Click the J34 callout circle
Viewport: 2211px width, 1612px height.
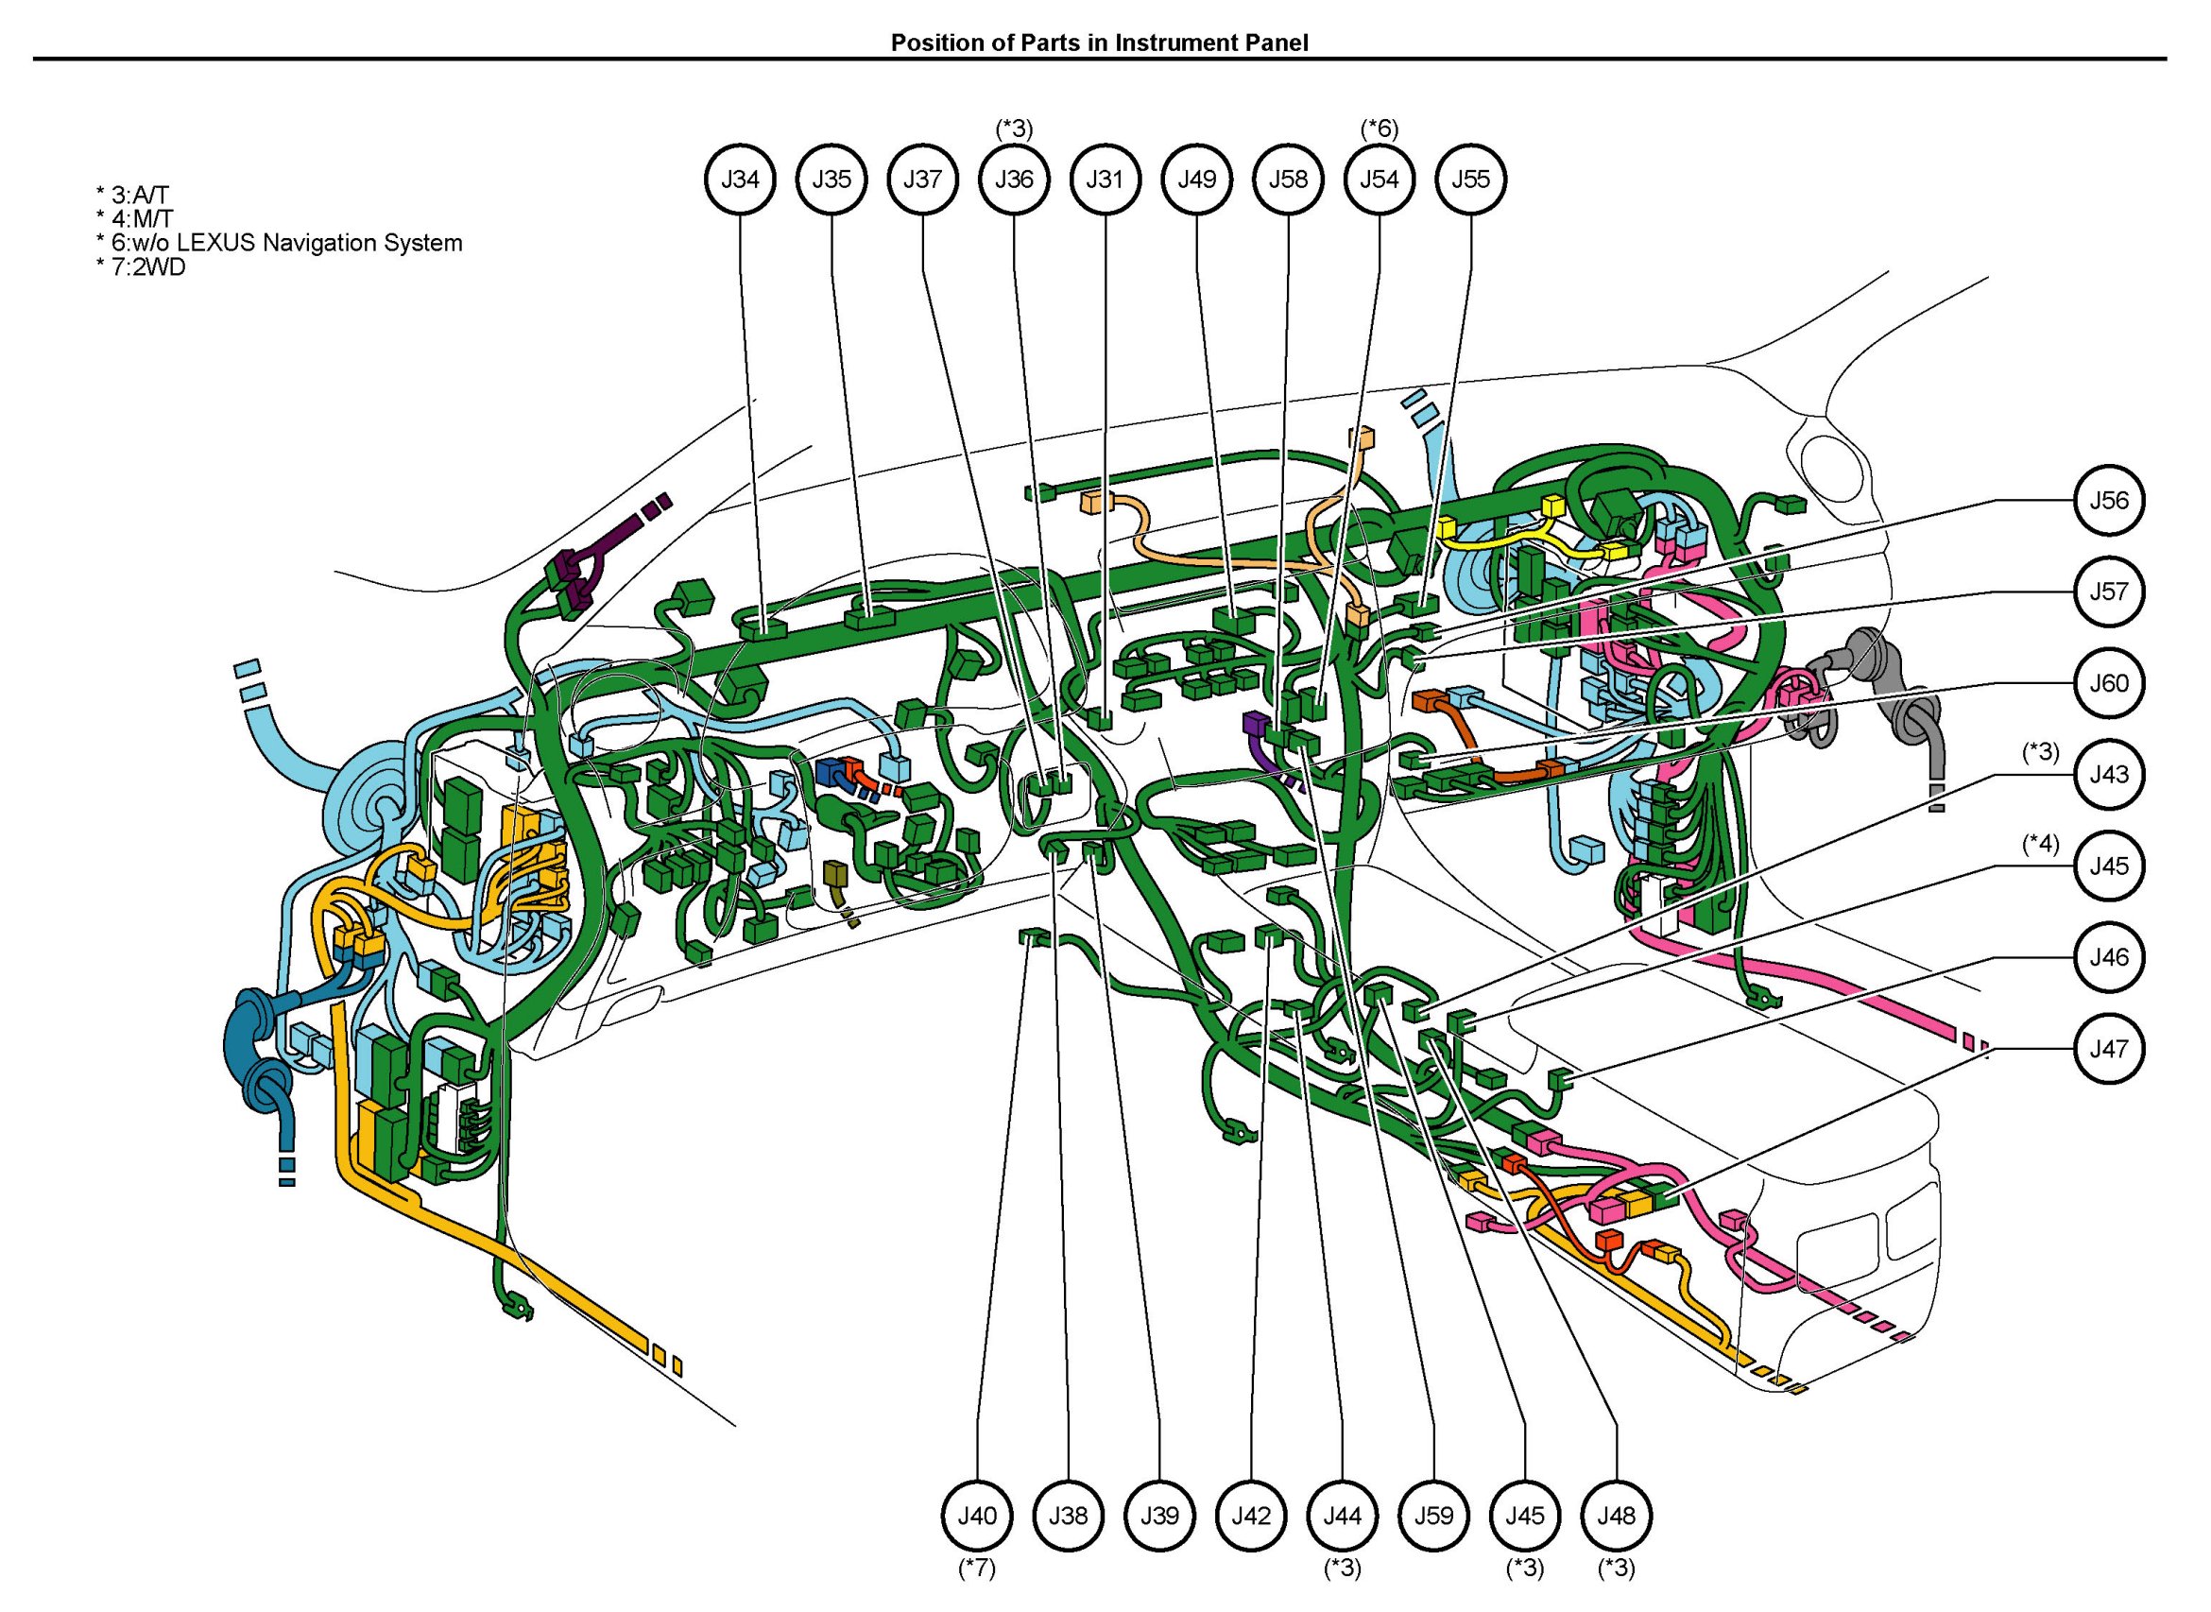pyautogui.click(x=741, y=180)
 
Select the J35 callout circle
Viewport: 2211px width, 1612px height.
pyautogui.click(x=831, y=180)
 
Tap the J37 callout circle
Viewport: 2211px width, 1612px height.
pyautogui.click(x=923, y=180)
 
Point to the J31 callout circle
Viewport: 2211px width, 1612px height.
pyautogui.click(x=1105, y=180)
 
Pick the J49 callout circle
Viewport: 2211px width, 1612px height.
pyautogui.click(x=1197, y=180)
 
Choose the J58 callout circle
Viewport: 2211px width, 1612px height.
pyautogui.click(x=1288, y=180)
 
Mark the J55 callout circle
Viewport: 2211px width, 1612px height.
pyautogui.click(x=1471, y=180)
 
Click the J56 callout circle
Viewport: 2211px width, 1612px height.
pyautogui.click(x=2110, y=501)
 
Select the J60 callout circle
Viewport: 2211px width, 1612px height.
pyautogui.click(x=2110, y=683)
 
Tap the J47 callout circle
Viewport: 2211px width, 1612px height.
pyautogui.click(x=2110, y=1049)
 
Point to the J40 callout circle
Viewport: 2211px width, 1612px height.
pyautogui.click(x=977, y=1517)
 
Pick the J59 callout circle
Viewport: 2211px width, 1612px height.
pyautogui.click(x=1434, y=1517)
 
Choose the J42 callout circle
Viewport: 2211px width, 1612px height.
pyautogui.click(x=1251, y=1517)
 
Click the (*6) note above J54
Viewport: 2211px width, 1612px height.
pyautogui.click(x=1380, y=128)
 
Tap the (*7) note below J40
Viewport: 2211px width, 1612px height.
pyautogui.click(x=977, y=1569)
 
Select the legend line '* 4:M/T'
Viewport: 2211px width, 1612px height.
pyautogui.click(x=135, y=218)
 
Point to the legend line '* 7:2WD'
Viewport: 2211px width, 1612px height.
pyautogui.click(x=142, y=266)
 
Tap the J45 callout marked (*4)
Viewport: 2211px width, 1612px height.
pyautogui.click(x=2110, y=866)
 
